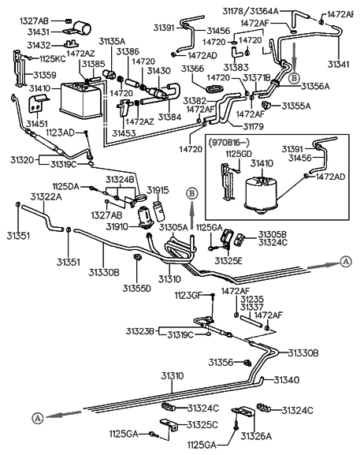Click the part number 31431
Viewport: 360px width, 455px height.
click(x=39, y=32)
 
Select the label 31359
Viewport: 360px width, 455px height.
click(x=44, y=75)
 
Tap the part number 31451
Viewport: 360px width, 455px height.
click(x=37, y=124)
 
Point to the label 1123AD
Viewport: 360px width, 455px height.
click(x=60, y=133)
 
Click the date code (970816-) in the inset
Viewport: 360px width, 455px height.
click(x=228, y=142)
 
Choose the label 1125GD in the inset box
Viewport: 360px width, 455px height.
click(x=239, y=154)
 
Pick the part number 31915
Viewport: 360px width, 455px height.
click(x=158, y=190)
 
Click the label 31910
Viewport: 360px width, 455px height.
click(x=117, y=226)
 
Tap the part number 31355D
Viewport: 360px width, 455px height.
click(x=136, y=289)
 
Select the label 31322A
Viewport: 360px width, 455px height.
click(x=46, y=196)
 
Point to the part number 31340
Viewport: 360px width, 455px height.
click(x=287, y=379)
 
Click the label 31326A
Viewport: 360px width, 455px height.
click(x=256, y=436)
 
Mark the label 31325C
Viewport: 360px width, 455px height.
click(x=202, y=425)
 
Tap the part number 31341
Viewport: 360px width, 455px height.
click(x=338, y=64)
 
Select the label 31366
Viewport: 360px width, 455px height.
click(x=192, y=69)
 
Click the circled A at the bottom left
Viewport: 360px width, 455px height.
click(x=37, y=418)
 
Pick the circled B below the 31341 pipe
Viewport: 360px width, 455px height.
click(x=294, y=78)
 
